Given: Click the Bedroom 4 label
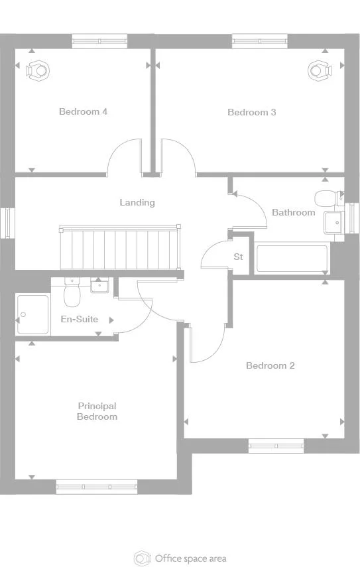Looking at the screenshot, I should (83, 111).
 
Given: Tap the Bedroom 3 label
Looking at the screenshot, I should (251, 112).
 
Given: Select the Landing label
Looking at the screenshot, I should (137, 202).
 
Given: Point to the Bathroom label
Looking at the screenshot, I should (293, 212).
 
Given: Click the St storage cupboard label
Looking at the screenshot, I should (238, 257).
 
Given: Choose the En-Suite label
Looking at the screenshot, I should (80, 319).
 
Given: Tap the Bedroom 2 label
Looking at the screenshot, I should (270, 365).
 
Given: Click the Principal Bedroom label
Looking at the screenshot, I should (97, 411).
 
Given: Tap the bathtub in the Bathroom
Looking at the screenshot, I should (292, 259).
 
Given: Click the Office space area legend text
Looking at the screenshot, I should (190, 558).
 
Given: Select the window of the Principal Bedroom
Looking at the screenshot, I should (97, 487).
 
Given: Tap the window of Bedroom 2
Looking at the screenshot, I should (276, 446).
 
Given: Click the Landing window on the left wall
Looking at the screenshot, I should (7, 223).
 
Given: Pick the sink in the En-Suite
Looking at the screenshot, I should (100, 286).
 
